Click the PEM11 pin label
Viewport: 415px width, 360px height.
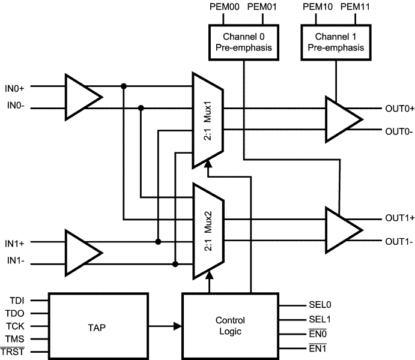coord(353,8)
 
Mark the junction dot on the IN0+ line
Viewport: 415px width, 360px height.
coord(124,86)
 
